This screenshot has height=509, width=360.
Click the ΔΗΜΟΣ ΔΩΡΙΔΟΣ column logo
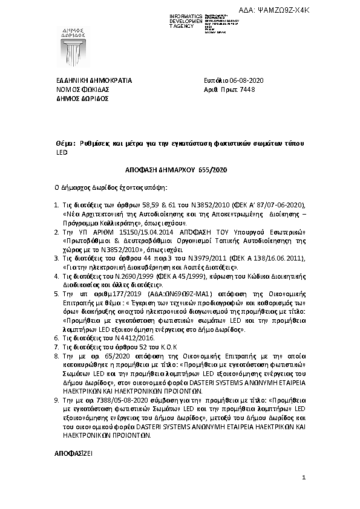pos(74,41)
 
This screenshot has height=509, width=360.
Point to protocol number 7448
pos(257,89)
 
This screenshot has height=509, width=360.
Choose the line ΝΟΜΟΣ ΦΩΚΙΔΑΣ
pos(82,89)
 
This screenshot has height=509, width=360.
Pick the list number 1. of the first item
pos(57,206)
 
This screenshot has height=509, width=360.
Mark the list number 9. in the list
pos(57,400)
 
